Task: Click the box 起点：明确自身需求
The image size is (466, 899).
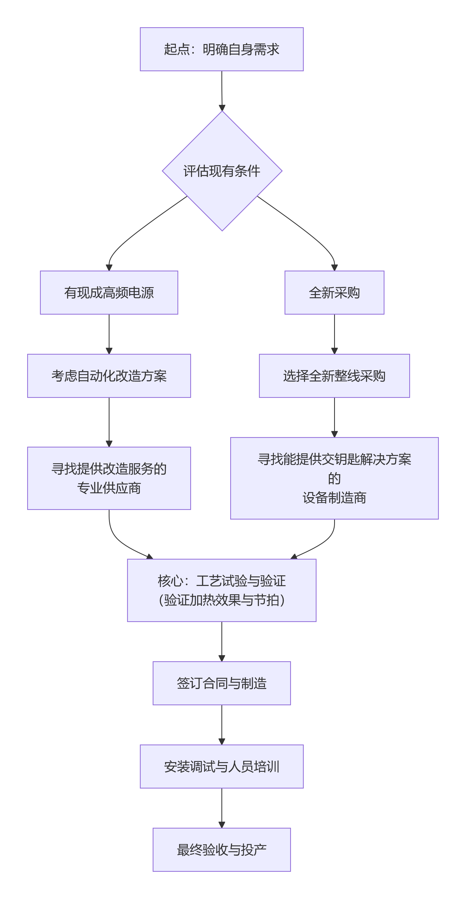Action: tap(222, 49)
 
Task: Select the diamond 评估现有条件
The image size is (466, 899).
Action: tap(222, 171)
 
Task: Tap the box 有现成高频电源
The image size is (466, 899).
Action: tap(109, 292)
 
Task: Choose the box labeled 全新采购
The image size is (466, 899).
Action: tap(334, 292)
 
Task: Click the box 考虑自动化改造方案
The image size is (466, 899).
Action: tap(109, 376)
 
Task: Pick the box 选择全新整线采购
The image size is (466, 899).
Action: tap(334, 376)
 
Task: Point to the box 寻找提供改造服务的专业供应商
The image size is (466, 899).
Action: tap(109, 478)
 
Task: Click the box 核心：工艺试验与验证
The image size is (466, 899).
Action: tap(222, 590)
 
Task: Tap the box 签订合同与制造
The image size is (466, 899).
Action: tap(222, 683)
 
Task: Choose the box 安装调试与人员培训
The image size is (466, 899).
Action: tap(222, 766)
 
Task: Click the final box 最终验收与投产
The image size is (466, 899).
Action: tap(222, 849)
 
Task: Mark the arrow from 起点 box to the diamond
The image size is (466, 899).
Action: tap(222, 91)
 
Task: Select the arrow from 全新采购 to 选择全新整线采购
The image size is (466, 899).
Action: tap(334, 334)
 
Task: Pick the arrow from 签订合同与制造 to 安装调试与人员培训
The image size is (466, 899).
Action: tap(222, 724)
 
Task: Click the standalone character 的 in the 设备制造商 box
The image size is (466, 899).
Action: tap(334, 478)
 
